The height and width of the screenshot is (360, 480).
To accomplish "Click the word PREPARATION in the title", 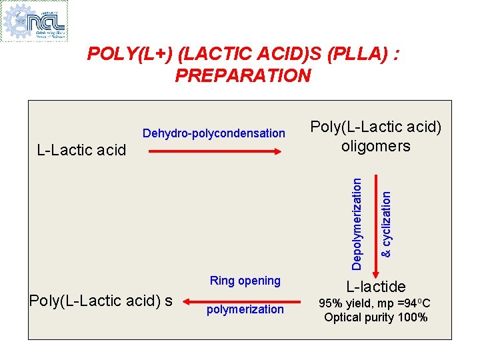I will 243,75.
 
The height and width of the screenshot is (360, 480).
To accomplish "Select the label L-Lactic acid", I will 81,150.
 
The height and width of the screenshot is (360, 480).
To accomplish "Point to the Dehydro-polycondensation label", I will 214,133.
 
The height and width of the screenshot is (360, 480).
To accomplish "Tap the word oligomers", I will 376,146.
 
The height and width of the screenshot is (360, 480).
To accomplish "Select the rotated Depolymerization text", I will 357,223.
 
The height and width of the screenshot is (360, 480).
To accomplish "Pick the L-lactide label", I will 376,287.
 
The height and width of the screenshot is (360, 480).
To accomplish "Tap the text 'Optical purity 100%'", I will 376,317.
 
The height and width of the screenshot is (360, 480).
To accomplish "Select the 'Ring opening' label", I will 245,281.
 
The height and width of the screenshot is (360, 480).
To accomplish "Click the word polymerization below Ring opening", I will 245,309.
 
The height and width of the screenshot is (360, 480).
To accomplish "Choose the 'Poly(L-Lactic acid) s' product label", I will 101,301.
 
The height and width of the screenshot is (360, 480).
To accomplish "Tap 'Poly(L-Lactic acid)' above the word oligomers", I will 376,127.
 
